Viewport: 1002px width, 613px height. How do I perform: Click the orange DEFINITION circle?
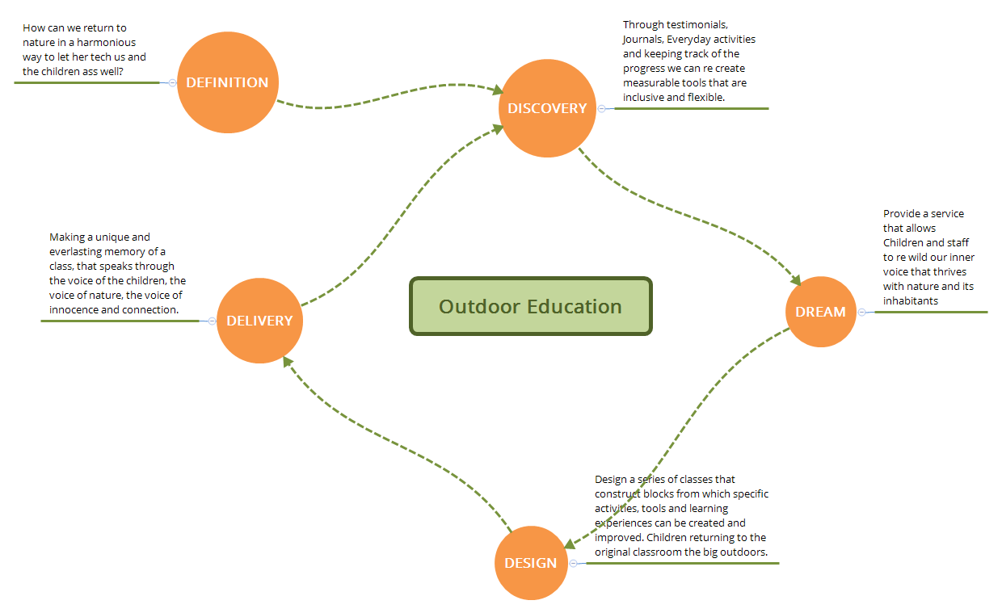pos(227,82)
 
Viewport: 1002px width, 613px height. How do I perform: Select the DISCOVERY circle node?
pos(547,108)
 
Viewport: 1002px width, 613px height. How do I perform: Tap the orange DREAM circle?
pos(820,312)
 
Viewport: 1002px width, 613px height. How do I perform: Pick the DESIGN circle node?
pos(531,563)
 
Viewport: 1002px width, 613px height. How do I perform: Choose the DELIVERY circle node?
pos(259,321)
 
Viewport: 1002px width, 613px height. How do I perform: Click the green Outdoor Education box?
pos(531,306)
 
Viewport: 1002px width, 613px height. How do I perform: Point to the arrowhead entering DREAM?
pos(796,280)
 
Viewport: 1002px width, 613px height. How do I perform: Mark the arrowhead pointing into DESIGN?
pos(569,544)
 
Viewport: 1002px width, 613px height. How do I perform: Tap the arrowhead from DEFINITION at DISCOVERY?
pos(498,90)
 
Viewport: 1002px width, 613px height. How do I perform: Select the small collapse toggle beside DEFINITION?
pos(173,82)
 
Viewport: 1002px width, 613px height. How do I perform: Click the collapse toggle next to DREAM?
pos(861,312)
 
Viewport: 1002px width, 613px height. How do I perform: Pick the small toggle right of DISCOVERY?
pos(601,108)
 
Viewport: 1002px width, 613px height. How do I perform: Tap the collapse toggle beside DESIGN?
pos(573,563)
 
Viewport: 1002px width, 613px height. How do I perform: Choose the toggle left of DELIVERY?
pos(212,321)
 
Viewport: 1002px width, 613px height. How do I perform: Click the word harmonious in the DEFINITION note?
pos(107,42)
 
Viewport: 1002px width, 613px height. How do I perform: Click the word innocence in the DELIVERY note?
pos(74,309)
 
